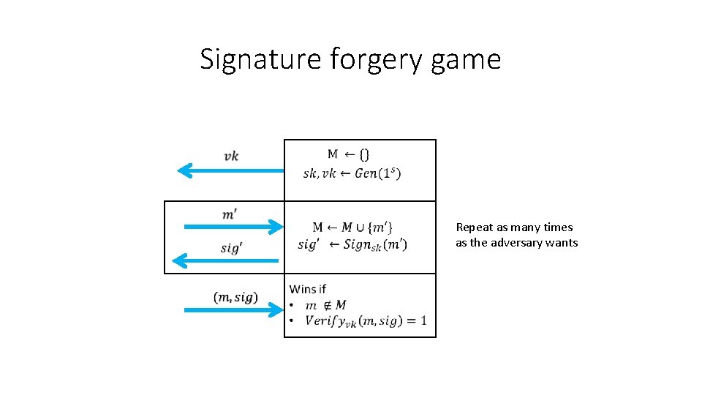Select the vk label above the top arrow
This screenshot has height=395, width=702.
231,156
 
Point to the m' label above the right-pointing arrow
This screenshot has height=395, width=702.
230,214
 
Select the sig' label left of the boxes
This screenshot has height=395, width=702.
230,247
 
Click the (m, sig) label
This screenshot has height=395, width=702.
235,297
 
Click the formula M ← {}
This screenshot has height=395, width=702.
348,154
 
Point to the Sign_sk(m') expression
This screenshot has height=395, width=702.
375,244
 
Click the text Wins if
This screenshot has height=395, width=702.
308,289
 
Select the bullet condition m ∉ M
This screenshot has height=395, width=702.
325,305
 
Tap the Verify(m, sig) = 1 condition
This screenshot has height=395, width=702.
366,321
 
